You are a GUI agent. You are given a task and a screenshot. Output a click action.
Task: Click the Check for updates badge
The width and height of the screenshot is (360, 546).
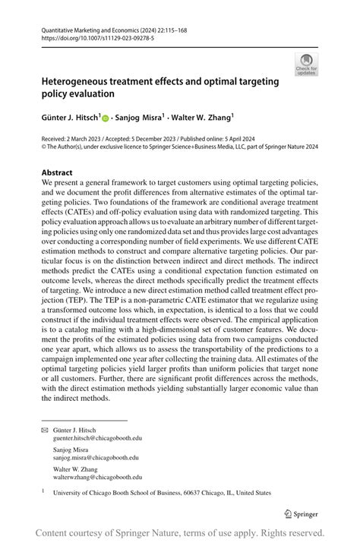click(x=307, y=64)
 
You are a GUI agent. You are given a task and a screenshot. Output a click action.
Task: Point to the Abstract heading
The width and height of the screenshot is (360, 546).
click(x=57, y=172)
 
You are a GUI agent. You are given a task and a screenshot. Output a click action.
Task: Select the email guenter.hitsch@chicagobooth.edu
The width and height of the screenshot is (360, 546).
click(x=94, y=438)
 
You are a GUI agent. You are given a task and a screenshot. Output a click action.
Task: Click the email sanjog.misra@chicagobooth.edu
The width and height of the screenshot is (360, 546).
click(x=91, y=458)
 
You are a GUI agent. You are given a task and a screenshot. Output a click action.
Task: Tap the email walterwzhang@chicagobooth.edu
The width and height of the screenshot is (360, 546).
click(x=95, y=478)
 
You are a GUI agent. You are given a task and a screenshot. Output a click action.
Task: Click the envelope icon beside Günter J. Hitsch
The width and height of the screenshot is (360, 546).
click(x=45, y=429)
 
